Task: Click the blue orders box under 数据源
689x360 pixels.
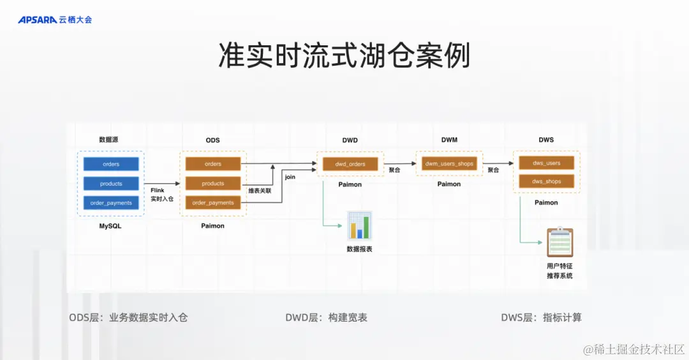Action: pos(111,164)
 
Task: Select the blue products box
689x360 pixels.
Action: pos(111,184)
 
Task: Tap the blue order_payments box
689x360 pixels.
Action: pos(111,203)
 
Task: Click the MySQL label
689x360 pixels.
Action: pos(110,226)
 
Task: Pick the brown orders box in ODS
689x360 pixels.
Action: pos(213,164)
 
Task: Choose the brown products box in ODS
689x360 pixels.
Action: pos(213,184)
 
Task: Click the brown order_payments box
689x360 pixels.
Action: pos(213,203)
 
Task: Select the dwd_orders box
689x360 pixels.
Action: pos(350,164)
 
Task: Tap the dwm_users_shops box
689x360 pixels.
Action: pos(449,163)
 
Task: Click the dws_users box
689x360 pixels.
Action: pos(547,163)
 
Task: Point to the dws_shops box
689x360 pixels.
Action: pos(547,181)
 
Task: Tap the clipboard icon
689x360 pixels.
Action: pos(559,243)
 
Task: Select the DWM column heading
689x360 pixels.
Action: pos(449,140)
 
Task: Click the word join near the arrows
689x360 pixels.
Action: pos(290,177)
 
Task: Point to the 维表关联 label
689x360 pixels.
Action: pos(260,190)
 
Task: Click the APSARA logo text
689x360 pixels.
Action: pos(38,20)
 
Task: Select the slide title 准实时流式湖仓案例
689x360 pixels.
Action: pos(344,56)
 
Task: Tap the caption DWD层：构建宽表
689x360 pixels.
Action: pos(326,317)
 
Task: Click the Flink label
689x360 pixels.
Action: pos(158,190)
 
